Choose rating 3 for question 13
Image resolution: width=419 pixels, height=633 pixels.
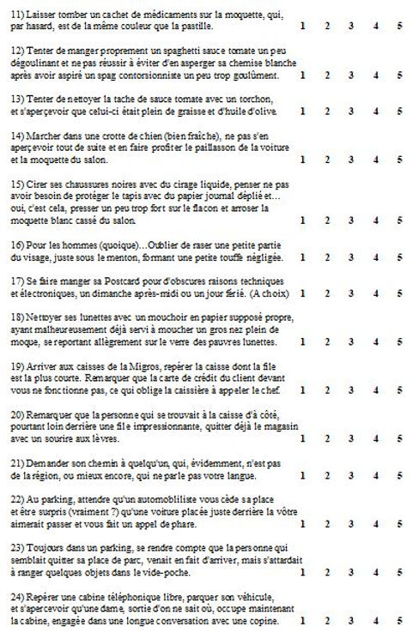pos(351,111)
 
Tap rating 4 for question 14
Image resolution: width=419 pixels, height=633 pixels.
pos(376,159)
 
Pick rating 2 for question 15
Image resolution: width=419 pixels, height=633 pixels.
pos(328,220)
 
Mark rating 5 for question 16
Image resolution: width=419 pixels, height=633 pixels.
pos(399,256)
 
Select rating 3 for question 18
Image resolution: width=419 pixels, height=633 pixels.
pos(351,341)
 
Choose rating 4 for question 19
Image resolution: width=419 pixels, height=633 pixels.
pos(376,390)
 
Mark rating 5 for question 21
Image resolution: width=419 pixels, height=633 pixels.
pos(399,475)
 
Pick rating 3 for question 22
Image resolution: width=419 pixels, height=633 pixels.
pos(351,523)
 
